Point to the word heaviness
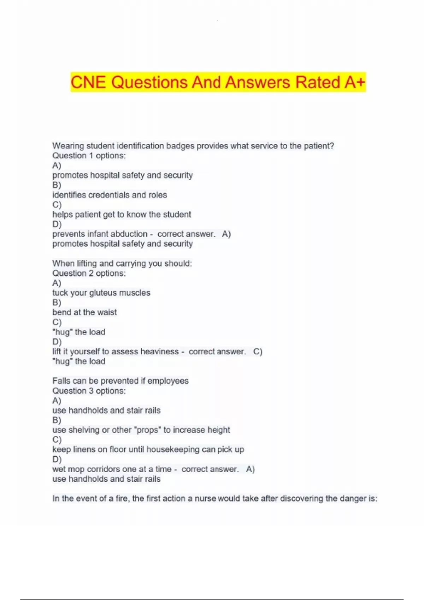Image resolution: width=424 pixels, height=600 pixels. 159,352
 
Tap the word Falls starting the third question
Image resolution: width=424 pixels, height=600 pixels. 60,381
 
